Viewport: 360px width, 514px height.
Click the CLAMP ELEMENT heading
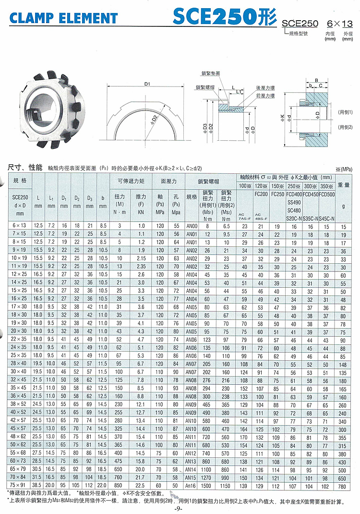63,19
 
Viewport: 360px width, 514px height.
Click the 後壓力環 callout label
265,88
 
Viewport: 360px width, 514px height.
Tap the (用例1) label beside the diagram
345,112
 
